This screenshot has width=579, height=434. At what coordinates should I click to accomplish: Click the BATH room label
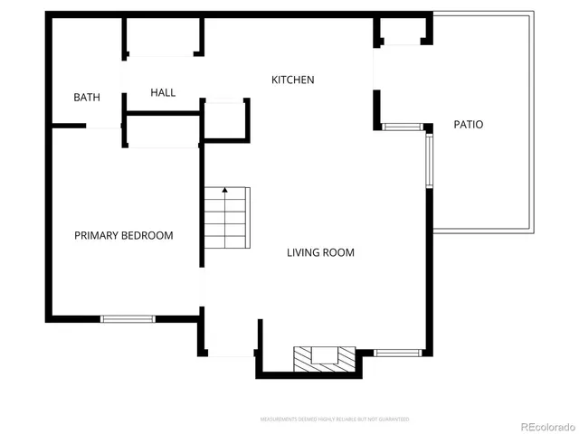(x=87, y=98)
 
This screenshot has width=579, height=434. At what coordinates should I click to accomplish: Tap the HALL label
(x=163, y=92)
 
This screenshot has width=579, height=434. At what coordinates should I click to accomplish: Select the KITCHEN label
(x=293, y=80)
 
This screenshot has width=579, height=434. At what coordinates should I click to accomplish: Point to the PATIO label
(x=468, y=124)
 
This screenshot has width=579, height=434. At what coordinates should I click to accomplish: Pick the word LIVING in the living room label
(x=304, y=252)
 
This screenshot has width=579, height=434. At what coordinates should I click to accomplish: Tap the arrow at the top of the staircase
(x=224, y=191)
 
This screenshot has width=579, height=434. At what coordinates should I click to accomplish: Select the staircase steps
(x=225, y=222)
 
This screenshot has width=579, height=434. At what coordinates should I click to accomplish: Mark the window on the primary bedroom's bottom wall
(x=128, y=318)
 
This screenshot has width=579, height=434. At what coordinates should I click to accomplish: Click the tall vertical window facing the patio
(x=430, y=161)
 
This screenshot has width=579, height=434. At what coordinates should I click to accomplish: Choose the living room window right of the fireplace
(x=398, y=352)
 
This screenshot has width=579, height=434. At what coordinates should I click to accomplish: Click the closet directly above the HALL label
(x=162, y=36)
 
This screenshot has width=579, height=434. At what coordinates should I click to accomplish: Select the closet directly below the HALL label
(x=162, y=131)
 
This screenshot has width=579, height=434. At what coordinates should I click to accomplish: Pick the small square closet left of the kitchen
(x=224, y=119)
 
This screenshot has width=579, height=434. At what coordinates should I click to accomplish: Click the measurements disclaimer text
(x=335, y=420)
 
